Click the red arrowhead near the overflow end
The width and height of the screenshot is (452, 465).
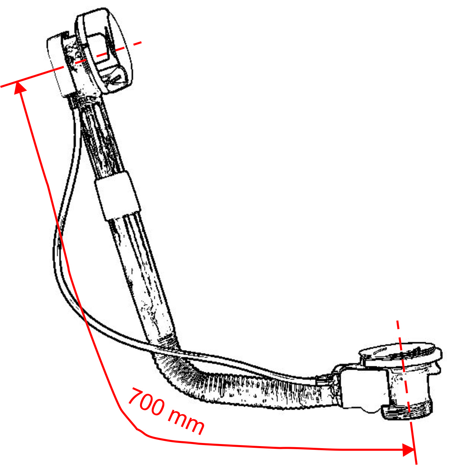point(20,88)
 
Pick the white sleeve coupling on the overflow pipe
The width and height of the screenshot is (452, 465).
point(118,196)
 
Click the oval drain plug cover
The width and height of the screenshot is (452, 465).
point(400,352)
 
